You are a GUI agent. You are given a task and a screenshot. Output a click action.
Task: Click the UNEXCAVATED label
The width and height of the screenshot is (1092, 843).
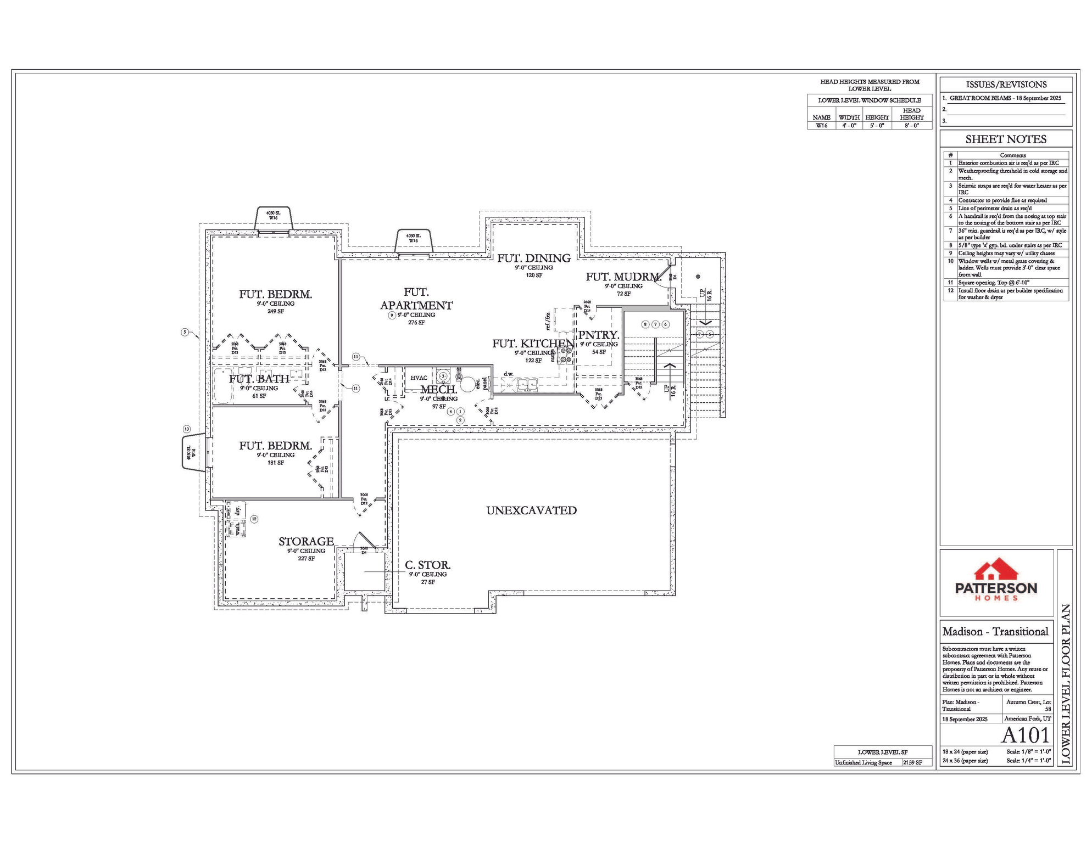tap(531, 510)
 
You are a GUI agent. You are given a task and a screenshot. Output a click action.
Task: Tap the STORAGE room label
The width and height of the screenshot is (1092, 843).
tap(306, 542)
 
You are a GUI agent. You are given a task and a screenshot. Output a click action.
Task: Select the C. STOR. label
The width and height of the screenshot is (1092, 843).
tap(427, 565)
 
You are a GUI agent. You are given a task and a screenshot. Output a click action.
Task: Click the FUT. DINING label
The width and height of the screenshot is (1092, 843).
tap(534, 258)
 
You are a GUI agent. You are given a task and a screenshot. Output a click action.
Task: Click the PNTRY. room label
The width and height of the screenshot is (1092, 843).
tap(598, 335)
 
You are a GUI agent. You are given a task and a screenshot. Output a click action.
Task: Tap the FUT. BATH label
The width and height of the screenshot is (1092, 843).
tap(259, 379)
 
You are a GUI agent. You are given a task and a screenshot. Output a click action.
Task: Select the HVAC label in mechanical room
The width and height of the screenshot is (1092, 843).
tap(419, 378)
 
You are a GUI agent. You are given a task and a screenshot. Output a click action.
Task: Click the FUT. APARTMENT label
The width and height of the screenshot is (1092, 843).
tap(416, 299)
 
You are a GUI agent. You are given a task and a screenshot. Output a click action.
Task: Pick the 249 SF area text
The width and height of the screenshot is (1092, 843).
tap(275, 311)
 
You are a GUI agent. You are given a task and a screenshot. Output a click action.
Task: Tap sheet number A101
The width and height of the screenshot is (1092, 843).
tap(1025, 735)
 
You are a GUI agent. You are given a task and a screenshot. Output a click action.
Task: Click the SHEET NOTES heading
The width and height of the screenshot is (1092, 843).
tap(1006, 139)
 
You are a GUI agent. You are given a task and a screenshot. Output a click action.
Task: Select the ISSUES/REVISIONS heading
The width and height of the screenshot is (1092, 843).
tap(1006, 85)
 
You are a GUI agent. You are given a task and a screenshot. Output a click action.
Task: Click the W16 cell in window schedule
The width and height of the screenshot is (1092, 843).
tap(821, 126)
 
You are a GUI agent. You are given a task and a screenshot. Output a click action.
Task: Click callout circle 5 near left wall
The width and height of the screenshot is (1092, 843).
tap(185, 332)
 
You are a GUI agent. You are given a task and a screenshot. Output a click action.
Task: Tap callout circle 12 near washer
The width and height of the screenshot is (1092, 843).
tap(254, 519)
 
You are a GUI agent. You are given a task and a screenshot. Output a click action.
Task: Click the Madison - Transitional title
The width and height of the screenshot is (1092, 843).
tap(995, 632)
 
